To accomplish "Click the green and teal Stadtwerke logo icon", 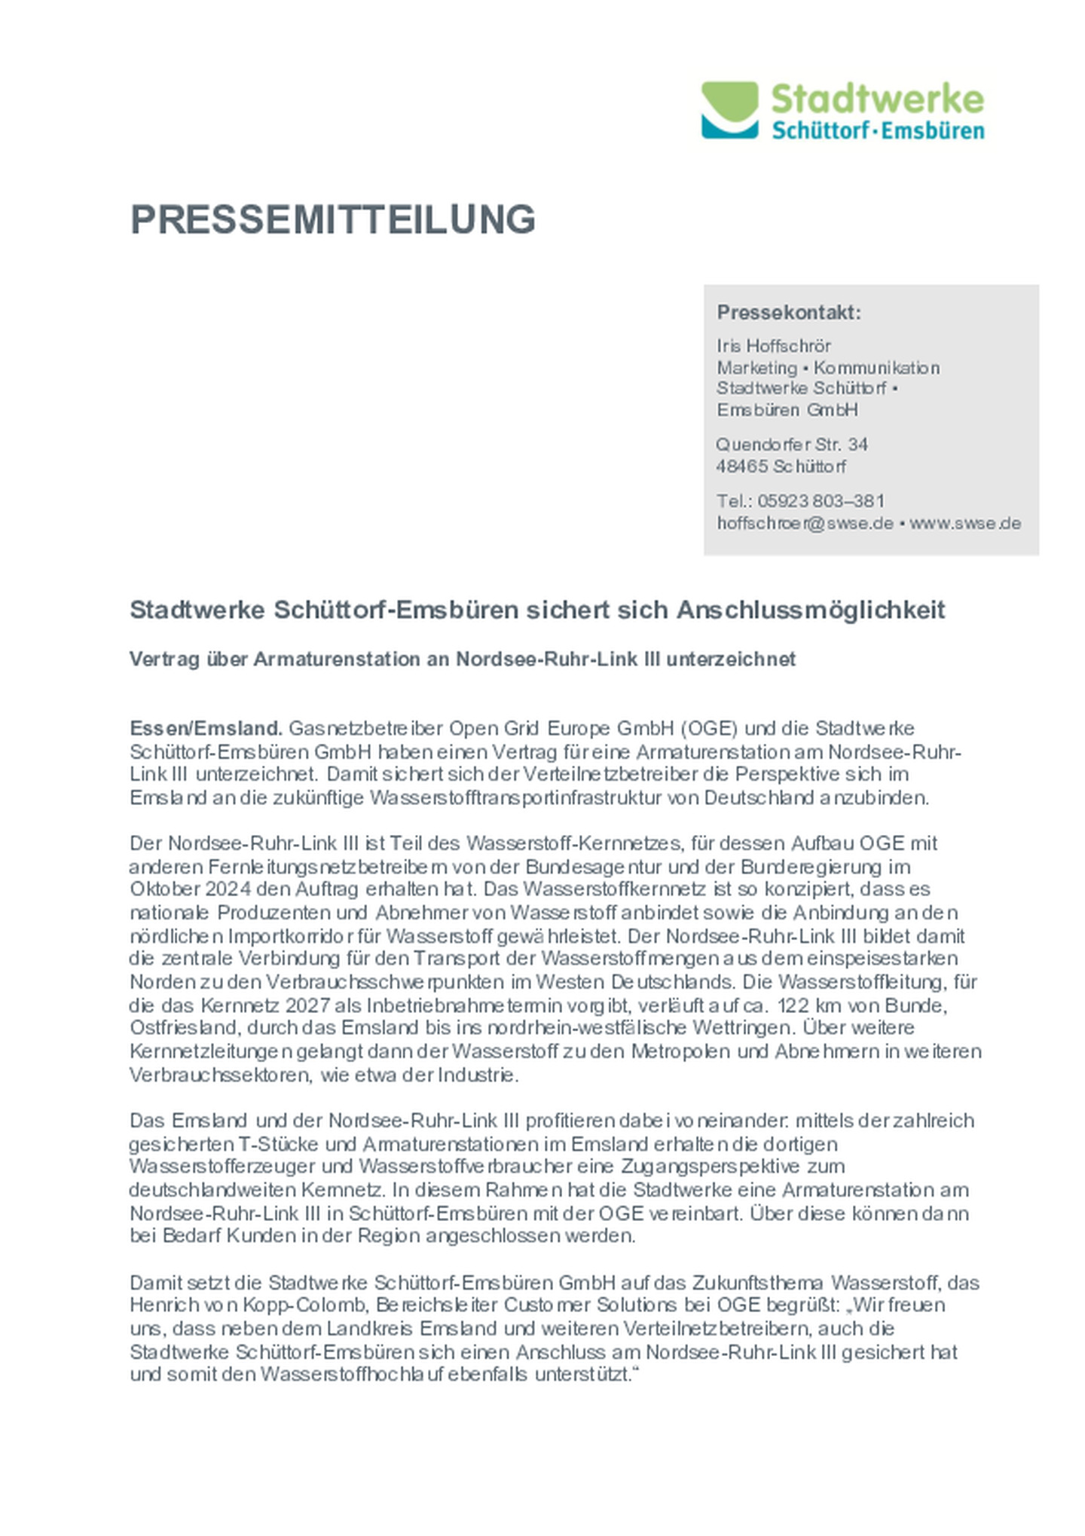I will [x=729, y=110].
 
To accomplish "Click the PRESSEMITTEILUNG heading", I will [x=332, y=219].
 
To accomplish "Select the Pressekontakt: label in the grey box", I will [x=788, y=312].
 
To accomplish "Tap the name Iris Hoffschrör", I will [x=773, y=346].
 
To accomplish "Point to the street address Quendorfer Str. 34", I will [x=791, y=444].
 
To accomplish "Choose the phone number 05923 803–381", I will [x=821, y=501].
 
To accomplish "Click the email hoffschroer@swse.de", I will [x=804, y=523].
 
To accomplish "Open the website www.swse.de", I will [x=965, y=523].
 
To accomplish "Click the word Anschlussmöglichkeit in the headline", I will [x=810, y=609].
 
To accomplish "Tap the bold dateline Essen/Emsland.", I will [x=206, y=728].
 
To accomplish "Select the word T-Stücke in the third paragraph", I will [x=278, y=1143].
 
